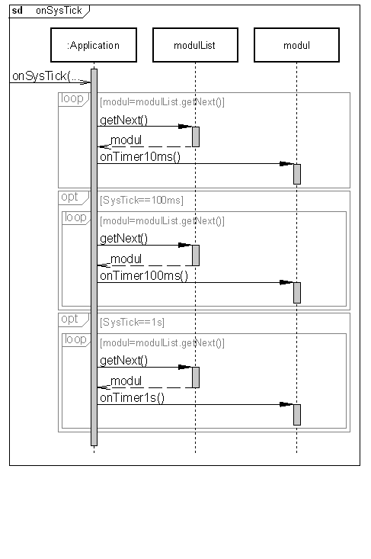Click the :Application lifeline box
click(94, 45)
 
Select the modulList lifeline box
click(195, 45)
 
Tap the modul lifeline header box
click(296, 45)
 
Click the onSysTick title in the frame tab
click(59, 11)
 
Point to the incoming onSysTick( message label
click(46, 76)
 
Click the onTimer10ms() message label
click(140, 157)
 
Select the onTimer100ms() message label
click(144, 275)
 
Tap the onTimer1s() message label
click(132, 397)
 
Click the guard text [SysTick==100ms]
click(142, 201)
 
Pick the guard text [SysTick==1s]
click(132, 323)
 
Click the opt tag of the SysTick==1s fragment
click(69, 319)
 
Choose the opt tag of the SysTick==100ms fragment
click(69, 198)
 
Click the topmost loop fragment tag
click(72, 98)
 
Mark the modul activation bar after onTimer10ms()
click(297, 174)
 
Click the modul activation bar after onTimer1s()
click(297, 415)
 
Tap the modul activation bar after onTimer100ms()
click(297, 293)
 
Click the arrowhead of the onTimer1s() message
click(286, 404)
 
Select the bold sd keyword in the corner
click(17, 11)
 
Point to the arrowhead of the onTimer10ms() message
click(286, 164)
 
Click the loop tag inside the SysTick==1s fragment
click(75, 339)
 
